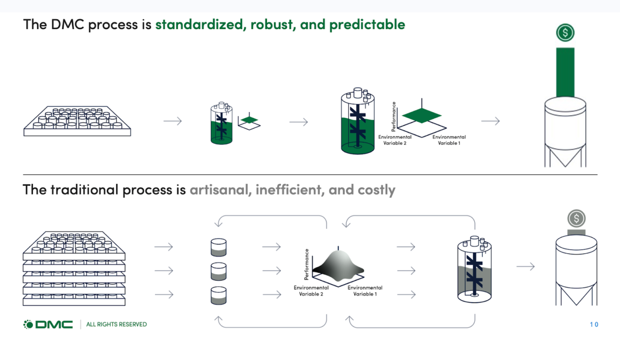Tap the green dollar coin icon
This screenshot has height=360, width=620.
point(565,33)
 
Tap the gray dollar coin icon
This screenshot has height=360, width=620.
point(576,218)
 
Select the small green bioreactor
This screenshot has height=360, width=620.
point(221,125)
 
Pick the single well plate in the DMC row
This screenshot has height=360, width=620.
point(77,121)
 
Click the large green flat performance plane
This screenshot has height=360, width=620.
point(421,116)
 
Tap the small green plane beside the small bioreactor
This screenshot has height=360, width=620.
point(250,120)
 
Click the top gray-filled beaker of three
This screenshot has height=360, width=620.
point(219,247)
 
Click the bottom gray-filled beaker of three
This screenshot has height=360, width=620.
point(219,296)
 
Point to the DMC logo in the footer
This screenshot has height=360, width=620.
point(48,324)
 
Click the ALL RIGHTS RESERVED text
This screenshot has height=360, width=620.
point(116,324)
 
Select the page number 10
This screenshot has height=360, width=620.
point(594,324)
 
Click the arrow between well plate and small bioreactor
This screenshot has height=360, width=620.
point(172,121)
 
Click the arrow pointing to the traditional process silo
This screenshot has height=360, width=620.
point(526,266)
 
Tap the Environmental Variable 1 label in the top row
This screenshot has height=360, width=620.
point(449,140)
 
